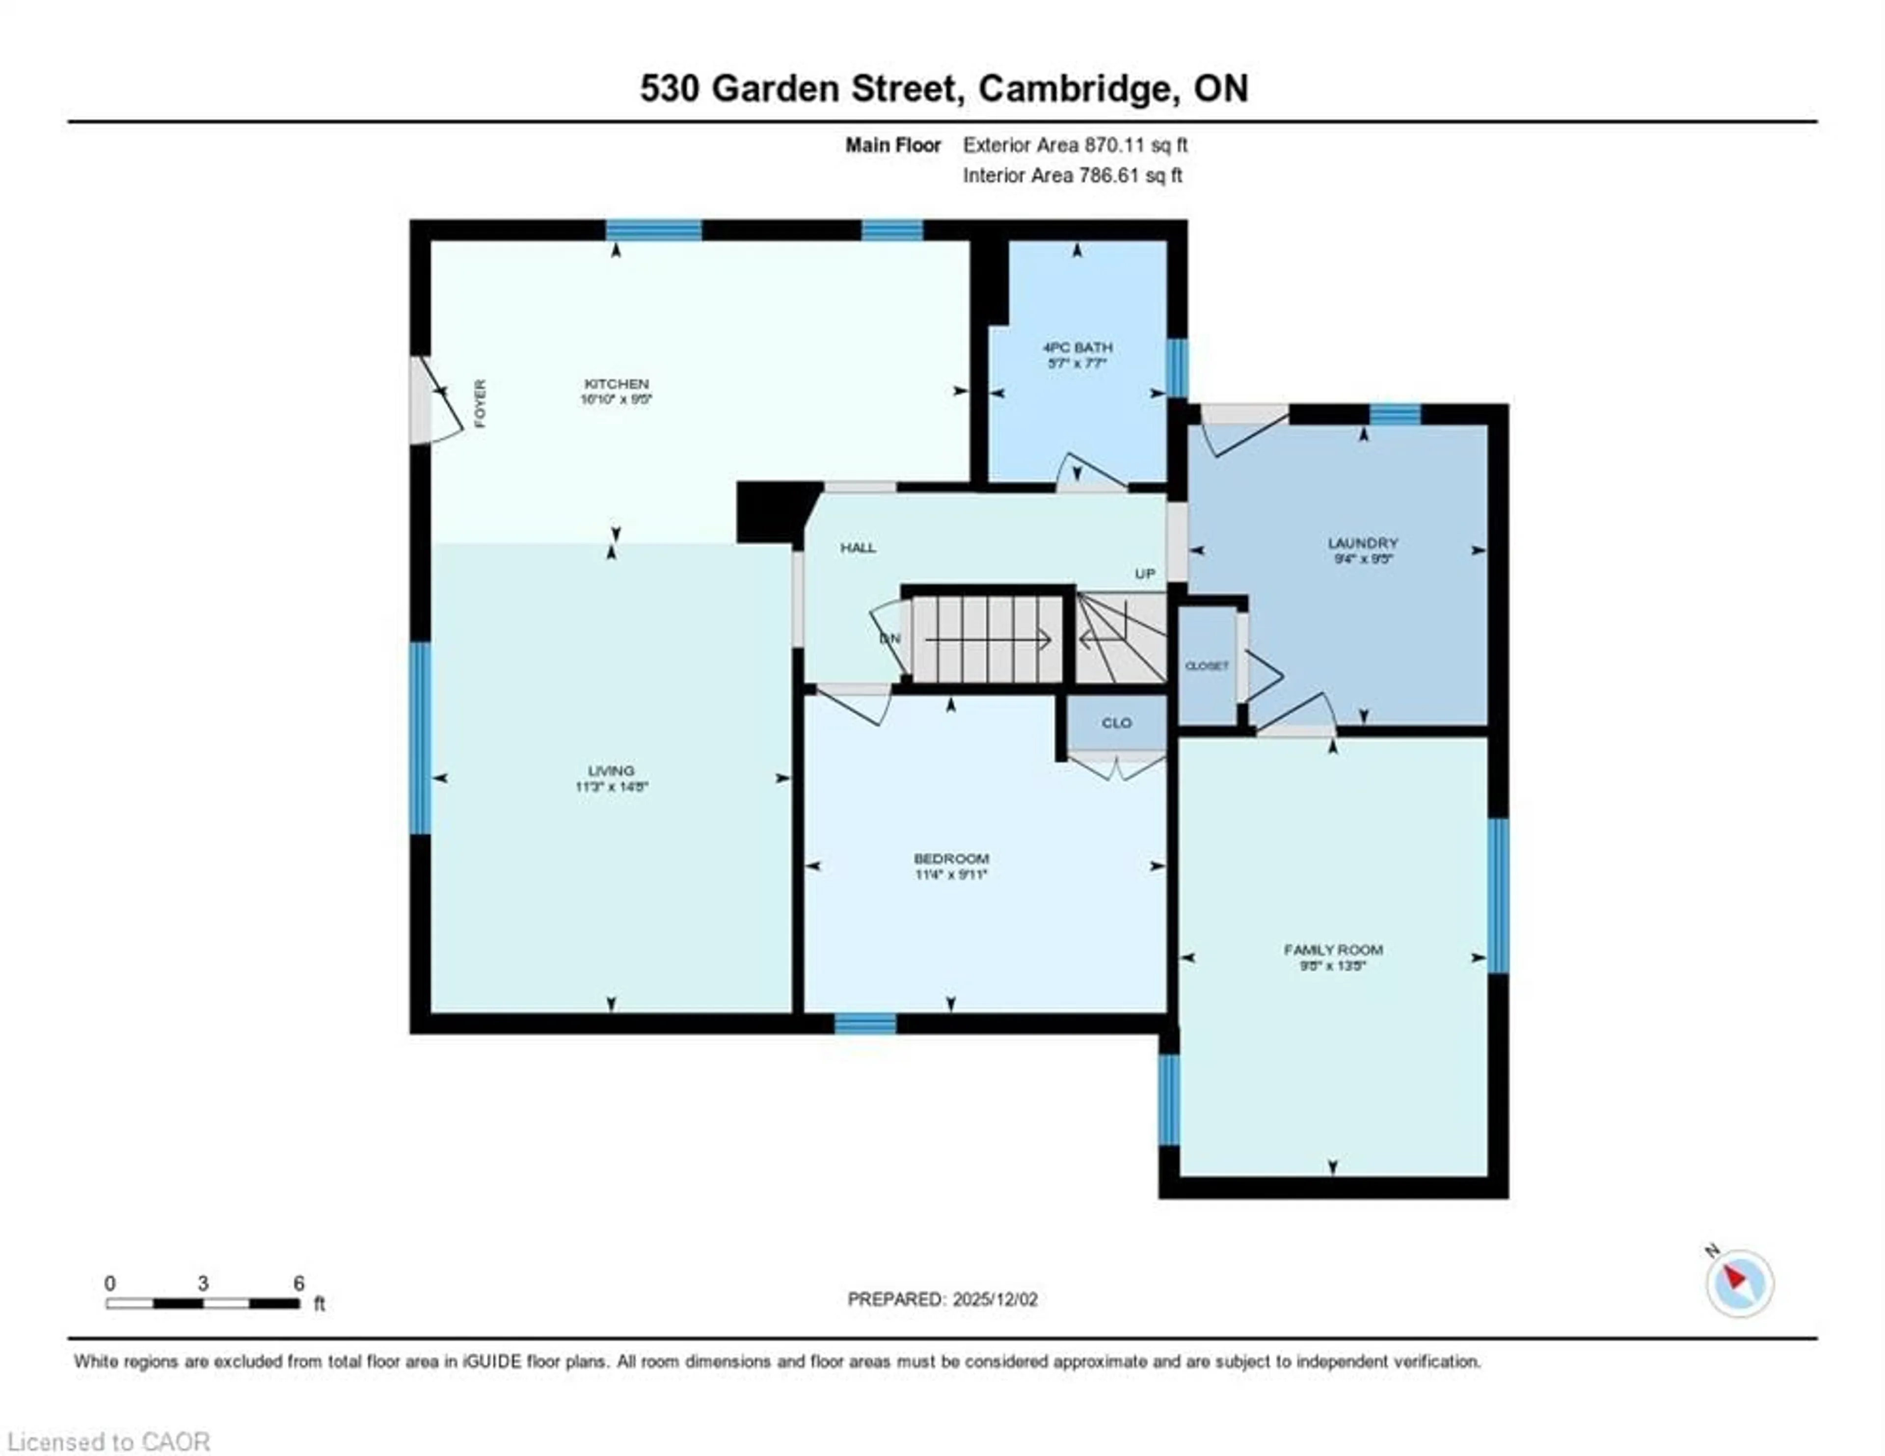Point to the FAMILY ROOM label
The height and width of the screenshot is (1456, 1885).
[x=1333, y=950]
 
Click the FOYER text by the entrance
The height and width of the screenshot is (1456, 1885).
[x=481, y=403]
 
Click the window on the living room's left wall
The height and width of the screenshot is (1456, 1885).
[x=420, y=738]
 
